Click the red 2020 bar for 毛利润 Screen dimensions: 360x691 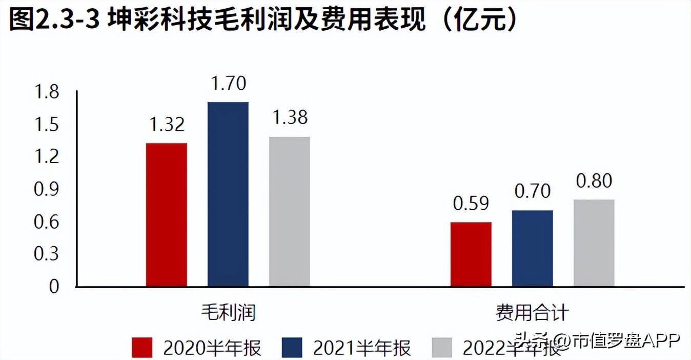pos(167,214)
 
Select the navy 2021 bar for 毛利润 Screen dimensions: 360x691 pos(228,194)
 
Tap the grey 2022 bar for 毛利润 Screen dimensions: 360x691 pos(290,211)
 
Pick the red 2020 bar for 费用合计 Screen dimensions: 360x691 pos(471,254)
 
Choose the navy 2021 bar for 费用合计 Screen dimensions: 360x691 pos(533,248)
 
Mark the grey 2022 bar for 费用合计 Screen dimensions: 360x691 pos(594,243)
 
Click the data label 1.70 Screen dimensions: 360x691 pos(228,83)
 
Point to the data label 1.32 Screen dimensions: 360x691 pos(167,125)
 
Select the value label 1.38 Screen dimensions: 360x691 pos(290,118)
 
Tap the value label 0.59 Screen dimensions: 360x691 pos(471,203)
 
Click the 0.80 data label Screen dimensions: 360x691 pos(594,181)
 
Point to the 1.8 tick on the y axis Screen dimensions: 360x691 pos(47,92)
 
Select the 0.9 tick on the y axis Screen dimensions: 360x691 pos(47,190)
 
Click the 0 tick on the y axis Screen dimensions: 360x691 pos(54,287)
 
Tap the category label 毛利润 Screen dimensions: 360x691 pos(228,312)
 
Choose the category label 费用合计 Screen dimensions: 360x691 pos(533,312)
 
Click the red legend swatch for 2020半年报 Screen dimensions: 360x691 pos(142,348)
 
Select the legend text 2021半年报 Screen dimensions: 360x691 pos(362,348)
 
